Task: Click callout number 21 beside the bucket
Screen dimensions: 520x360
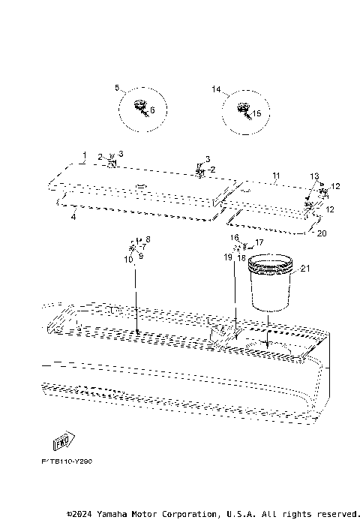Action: point(304,268)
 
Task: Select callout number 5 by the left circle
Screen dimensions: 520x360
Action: point(118,88)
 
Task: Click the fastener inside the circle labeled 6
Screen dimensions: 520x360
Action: point(139,107)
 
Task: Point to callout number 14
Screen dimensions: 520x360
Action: point(216,89)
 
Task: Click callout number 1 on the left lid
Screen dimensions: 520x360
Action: point(85,153)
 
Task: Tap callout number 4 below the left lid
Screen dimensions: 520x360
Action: point(73,217)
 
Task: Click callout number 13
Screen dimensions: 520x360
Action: point(314,176)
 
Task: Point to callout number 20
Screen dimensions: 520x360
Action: point(322,233)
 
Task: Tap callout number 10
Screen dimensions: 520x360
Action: point(128,259)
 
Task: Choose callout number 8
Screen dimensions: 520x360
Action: point(148,239)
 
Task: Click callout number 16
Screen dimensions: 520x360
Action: point(234,237)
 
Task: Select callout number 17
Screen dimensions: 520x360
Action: point(259,242)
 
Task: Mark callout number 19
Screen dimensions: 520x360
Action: point(228,257)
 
